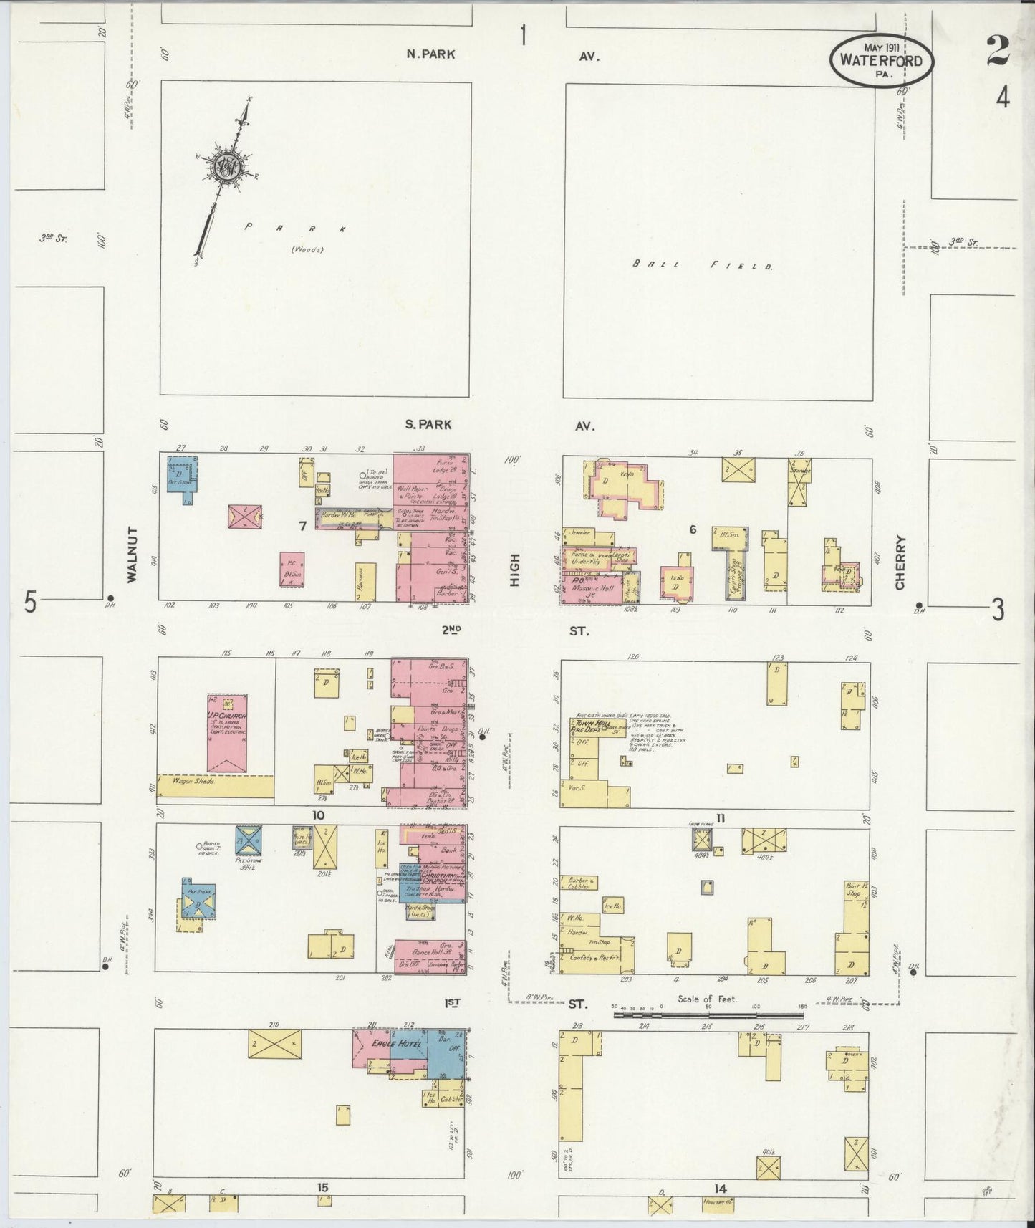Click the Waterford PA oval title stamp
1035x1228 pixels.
[881, 61]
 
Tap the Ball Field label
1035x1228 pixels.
[703, 265]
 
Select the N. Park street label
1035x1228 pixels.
[430, 54]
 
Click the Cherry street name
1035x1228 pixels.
[900, 562]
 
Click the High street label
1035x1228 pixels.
[514, 574]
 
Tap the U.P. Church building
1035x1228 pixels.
[227, 732]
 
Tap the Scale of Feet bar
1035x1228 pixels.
[708, 1014]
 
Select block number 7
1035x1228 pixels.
[303, 526]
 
